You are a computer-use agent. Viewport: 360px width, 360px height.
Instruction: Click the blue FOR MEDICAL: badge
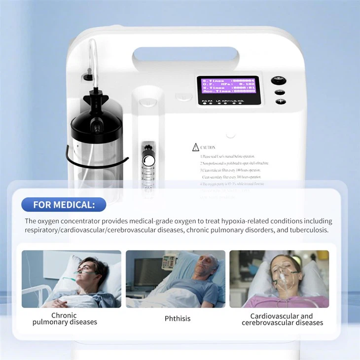(64, 204)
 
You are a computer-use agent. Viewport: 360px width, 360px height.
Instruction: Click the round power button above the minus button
(279, 81)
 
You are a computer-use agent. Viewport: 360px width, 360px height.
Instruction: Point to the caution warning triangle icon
(196, 147)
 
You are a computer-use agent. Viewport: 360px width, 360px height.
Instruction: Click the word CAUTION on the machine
(208, 147)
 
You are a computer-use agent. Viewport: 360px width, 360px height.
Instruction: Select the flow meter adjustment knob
(147, 161)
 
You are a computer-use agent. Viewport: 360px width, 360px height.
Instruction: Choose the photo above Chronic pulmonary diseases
(72, 279)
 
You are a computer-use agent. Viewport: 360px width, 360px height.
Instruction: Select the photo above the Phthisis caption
(176, 279)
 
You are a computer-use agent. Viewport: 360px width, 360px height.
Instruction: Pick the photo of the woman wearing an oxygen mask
(279, 279)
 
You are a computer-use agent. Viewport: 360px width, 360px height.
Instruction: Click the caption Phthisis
(177, 319)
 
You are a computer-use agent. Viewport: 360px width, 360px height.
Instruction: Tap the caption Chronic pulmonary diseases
(65, 319)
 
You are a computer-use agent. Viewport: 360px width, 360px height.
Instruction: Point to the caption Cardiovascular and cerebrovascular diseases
(282, 319)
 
